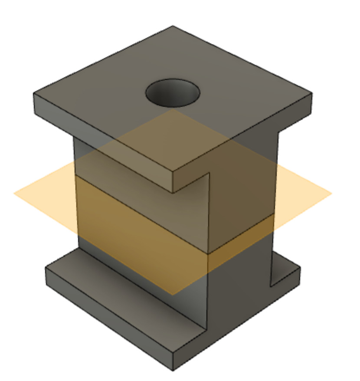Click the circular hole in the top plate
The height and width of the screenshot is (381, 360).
(173, 92)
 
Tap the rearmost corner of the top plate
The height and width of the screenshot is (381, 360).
(173, 26)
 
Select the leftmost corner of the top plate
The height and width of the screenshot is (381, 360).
(34, 94)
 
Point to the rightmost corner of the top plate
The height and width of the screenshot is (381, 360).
(311, 93)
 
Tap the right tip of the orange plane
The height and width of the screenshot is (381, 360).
(332, 194)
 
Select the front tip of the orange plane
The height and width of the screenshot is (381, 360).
(173, 295)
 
